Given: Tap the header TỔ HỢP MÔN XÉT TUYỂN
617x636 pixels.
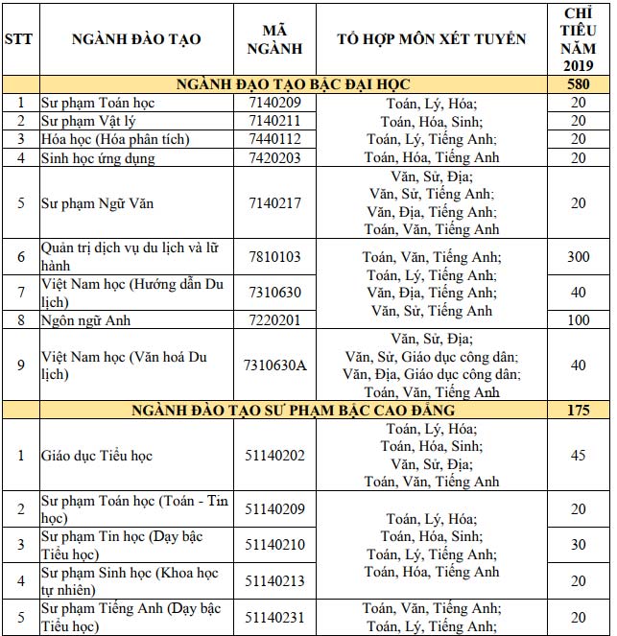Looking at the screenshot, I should (432, 39).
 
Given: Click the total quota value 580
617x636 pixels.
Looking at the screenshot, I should (578, 84).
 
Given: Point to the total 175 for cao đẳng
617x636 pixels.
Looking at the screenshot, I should (578, 411).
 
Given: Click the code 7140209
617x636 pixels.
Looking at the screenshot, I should (273, 103).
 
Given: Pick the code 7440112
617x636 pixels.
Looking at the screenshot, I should (273, 139).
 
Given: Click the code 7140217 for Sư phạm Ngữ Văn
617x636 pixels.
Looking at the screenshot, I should (273, 203).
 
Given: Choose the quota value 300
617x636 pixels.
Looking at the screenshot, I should (578, 257).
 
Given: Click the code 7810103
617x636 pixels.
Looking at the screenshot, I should (273, 257).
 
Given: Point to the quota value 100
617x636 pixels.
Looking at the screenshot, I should (578, 319).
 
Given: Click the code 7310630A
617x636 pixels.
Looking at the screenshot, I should (273, 365).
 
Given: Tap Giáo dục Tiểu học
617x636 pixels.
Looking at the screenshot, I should (96, 456).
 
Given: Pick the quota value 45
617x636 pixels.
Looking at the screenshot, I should (578, 456).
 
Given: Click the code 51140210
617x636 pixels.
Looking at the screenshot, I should (273, 544).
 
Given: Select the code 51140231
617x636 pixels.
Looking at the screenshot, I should (273, 617).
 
